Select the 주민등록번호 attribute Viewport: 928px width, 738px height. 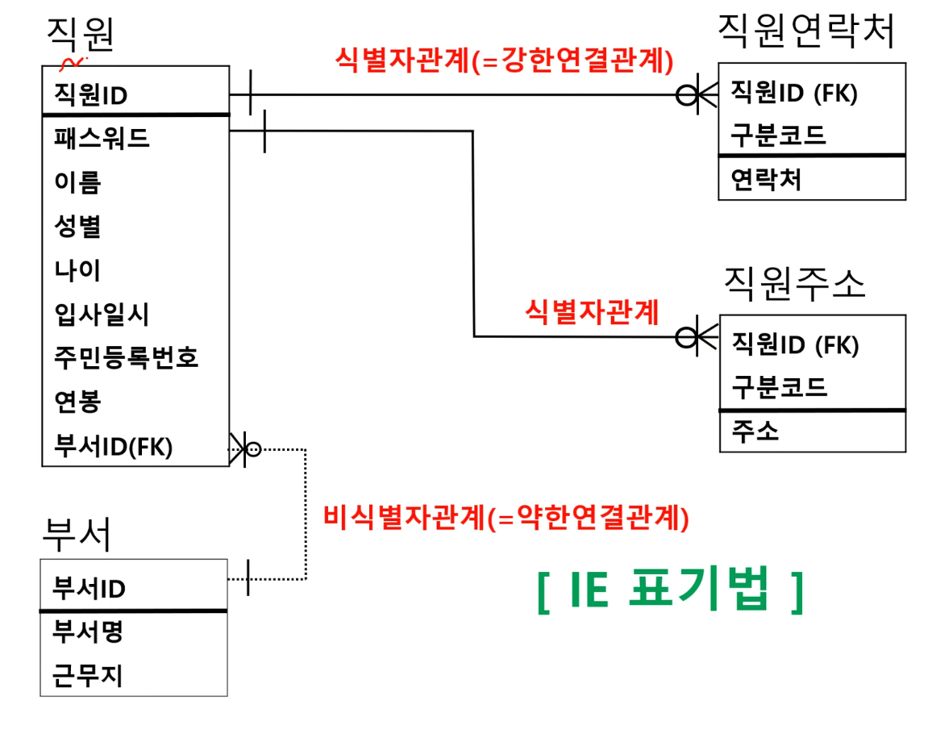126,356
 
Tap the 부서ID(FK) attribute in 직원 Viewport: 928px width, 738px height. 113,446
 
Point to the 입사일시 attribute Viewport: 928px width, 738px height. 102,313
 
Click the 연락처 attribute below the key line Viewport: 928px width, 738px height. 766,179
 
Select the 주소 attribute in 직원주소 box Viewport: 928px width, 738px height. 755,432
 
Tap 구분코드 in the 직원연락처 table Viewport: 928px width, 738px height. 778,134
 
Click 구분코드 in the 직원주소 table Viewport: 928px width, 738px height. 779,387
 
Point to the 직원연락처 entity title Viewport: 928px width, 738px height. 806,32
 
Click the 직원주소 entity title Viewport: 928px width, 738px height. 794,284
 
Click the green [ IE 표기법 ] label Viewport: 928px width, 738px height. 669,593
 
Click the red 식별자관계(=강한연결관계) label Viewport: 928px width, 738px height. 504,60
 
